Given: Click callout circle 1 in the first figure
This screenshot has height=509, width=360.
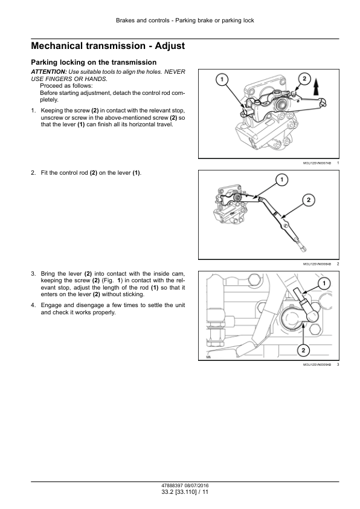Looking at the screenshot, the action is [x=222, y=80].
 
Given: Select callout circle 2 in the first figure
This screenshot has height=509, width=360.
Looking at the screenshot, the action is [x=304, y=79].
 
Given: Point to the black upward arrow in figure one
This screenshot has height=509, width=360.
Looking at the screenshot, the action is [x=317, y=87].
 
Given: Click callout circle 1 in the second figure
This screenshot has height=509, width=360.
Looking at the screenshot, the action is [x=282, y=180].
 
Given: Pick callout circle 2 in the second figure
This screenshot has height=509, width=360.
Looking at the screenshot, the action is [x=309, y=200].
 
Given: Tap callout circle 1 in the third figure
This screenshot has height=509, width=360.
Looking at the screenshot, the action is [x=324, y=284].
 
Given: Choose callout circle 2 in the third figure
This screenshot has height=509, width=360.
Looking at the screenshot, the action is [x=303, y=350].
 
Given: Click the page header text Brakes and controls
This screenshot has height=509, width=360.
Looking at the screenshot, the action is [x=143, y=21].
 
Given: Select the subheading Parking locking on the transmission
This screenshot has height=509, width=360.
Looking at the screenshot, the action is [x=94, y=62].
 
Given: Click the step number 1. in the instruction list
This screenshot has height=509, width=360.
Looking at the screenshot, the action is [x=33, y=111].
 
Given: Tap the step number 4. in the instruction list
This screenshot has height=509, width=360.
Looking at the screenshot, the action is [x=33, y=305].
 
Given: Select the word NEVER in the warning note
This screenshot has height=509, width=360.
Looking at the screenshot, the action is [x=175, y=72].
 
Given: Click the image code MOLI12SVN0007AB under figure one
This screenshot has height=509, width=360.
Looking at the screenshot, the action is [x=317, y=163].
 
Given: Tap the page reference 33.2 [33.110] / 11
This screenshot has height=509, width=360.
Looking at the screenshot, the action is [x=185, y=492].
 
